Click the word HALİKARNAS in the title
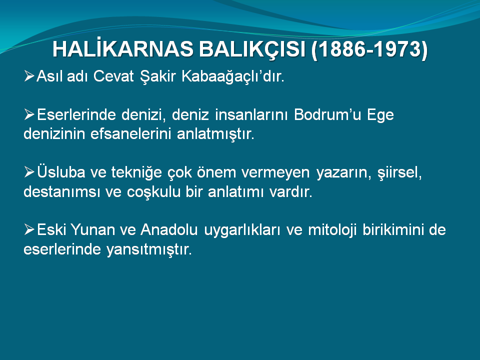click(123, 48)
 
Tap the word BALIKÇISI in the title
click(252, 49)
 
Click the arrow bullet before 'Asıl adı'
click(29, 75)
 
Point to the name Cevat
click(113, 76)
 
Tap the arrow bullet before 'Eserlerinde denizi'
click(29, 114)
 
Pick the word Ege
click(380, 115)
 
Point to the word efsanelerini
click(130, 134)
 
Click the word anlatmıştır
click(215, 134)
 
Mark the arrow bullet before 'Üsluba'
click(29, 172)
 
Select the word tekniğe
click(136, 172)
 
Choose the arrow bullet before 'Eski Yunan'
click(29, 229)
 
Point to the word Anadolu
click(169, 229)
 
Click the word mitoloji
click(332, 230)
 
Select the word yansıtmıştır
click(149, 249)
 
